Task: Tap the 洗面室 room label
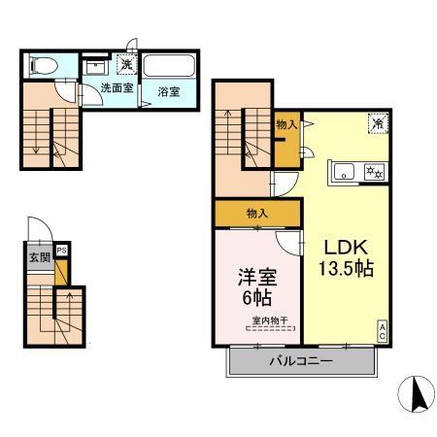[x=117, y=91]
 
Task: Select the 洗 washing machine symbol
[x=126, y=64]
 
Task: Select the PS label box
[x=61, y=250]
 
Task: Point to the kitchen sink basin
[x=344, y=172]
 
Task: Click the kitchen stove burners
[x=373, y=172]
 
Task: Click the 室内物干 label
[x=270, y=321]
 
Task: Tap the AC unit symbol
[x=383, y=328]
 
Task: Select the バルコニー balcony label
[x=300, y=361]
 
